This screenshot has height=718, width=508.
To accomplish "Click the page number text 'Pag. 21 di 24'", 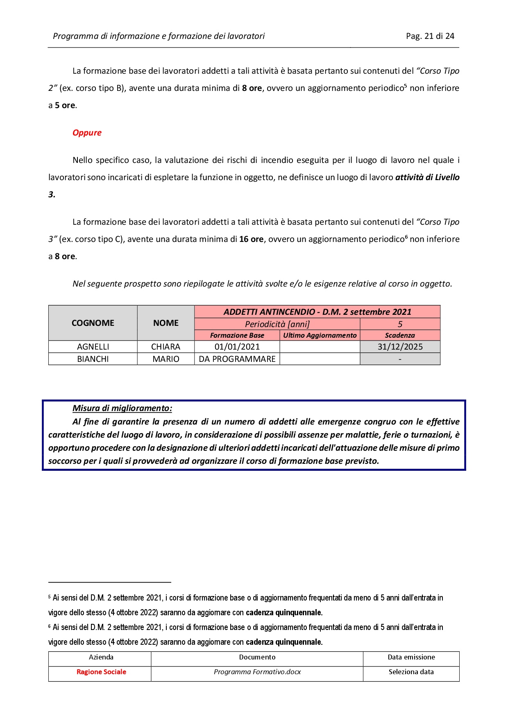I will [x=430, y=36].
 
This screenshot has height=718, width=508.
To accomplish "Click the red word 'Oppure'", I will [x=87, y=133].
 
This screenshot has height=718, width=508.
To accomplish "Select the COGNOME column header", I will [x=93, y=323].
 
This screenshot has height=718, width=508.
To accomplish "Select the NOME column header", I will [x=166, y=323].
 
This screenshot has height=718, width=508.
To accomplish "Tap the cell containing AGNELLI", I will [x=93, y=347].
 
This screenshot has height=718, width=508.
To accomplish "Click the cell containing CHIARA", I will [x=166, y=347].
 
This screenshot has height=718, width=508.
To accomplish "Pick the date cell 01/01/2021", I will [x=237, y=347].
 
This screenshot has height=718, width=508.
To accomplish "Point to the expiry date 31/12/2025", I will [x=400, y=347].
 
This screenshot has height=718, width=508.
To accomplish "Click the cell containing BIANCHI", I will [x=93, y=359].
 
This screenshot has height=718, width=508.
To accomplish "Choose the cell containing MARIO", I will [x=166, y=359].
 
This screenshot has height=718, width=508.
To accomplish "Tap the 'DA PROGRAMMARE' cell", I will [x=237, y=359].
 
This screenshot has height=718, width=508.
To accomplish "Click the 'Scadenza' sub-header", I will [x=400, y=335].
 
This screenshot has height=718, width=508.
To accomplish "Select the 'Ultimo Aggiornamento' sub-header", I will [x=320, y=335].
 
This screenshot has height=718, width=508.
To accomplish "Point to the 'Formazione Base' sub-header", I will [x=237, y=335].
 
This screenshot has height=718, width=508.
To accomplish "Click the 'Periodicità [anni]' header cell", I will [x=277, y=324].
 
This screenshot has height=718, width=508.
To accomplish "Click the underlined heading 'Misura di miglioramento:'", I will [x=122, y=408].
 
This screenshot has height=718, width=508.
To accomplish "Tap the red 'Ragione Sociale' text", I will [x=101, y=672].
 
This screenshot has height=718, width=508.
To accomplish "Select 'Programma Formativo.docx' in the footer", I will [x=257, y=672].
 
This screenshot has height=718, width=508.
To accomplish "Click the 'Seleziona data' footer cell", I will [x=411, y=672].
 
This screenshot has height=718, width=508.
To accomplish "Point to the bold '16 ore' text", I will [x=251, y=239].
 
